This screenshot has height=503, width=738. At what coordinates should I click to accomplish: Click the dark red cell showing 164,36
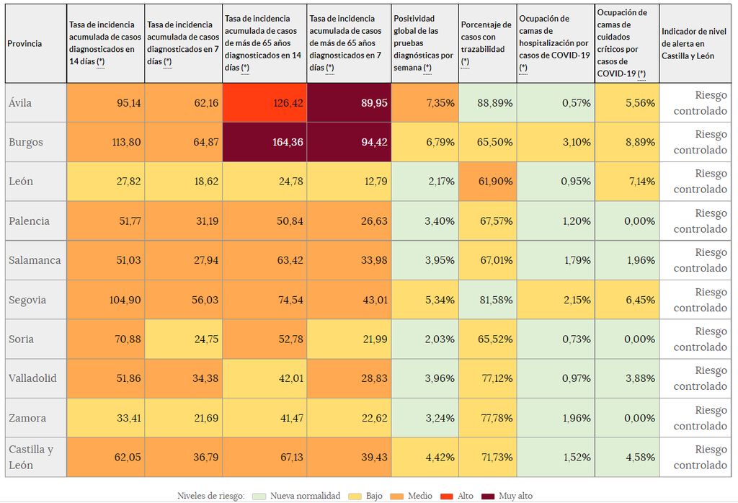pyautogui.click(x=264, y=142)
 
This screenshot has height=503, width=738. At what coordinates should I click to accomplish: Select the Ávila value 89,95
pyautogui.click(x=350, y=103)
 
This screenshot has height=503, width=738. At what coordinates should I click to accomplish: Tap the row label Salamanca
pyautogui.click(x=35, y=260)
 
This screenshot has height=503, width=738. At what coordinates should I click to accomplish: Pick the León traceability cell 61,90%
pyautogui.click(x=486, y=182)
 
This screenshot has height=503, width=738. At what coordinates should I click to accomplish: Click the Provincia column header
pyautogui.click(x=25, y=44)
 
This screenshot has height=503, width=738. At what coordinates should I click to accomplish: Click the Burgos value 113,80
pyautogui.click(x=105, y=142)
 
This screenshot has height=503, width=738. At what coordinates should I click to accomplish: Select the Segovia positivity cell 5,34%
pyautogui.click(x=424, y=300)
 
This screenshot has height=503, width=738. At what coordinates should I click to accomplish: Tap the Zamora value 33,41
pyautogui.click(x=105, y=418)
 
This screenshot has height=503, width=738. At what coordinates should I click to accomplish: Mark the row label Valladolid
pyautogui.click(x=32, y=378)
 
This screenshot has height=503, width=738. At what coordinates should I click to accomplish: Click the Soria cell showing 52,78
pyautogui.click(x=264, y=339)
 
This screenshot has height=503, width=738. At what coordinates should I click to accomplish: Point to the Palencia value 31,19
pyautogui.click(x=183, y=221)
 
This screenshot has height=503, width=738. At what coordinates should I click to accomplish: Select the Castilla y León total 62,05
pyautogui.click(x=105, y=457)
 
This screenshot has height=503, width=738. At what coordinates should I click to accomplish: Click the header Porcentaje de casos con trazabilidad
pyautogui.click(x=486, y=44)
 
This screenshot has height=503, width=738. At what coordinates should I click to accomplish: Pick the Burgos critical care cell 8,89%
pyautogui.click(x=627, y=142)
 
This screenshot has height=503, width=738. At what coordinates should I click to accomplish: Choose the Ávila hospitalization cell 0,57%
pyautogui.click(x=556, y=103)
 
